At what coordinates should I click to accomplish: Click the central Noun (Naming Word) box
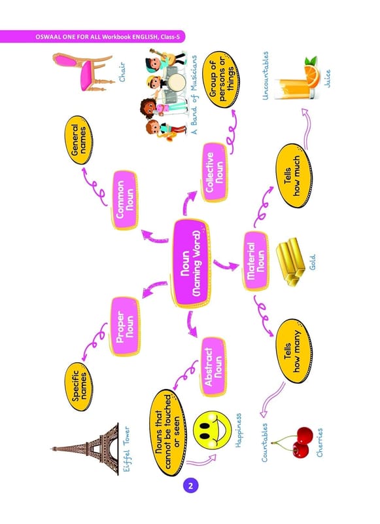pos(192,263)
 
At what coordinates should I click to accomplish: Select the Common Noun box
pos(125,200)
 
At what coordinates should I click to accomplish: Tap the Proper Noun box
pos(125,326)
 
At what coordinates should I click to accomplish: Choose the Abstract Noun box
pos(213,367)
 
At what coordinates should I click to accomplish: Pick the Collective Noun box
pos(215,172)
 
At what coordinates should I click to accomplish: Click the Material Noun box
pos(256,261)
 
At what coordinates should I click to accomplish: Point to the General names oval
pos(78,140)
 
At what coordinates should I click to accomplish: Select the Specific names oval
pos(79,386)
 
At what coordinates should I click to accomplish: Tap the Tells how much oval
pos(293,176)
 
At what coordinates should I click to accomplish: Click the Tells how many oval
pos(293,350)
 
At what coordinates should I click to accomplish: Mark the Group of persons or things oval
pos(222,79)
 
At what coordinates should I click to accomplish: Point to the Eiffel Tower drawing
pos(86,449)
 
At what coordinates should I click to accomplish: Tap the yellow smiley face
pos(212,430)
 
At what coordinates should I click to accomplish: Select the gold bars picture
pos(290,261)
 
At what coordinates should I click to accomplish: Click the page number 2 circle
pos(190,485)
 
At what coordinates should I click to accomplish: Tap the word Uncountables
pos(266,75)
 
